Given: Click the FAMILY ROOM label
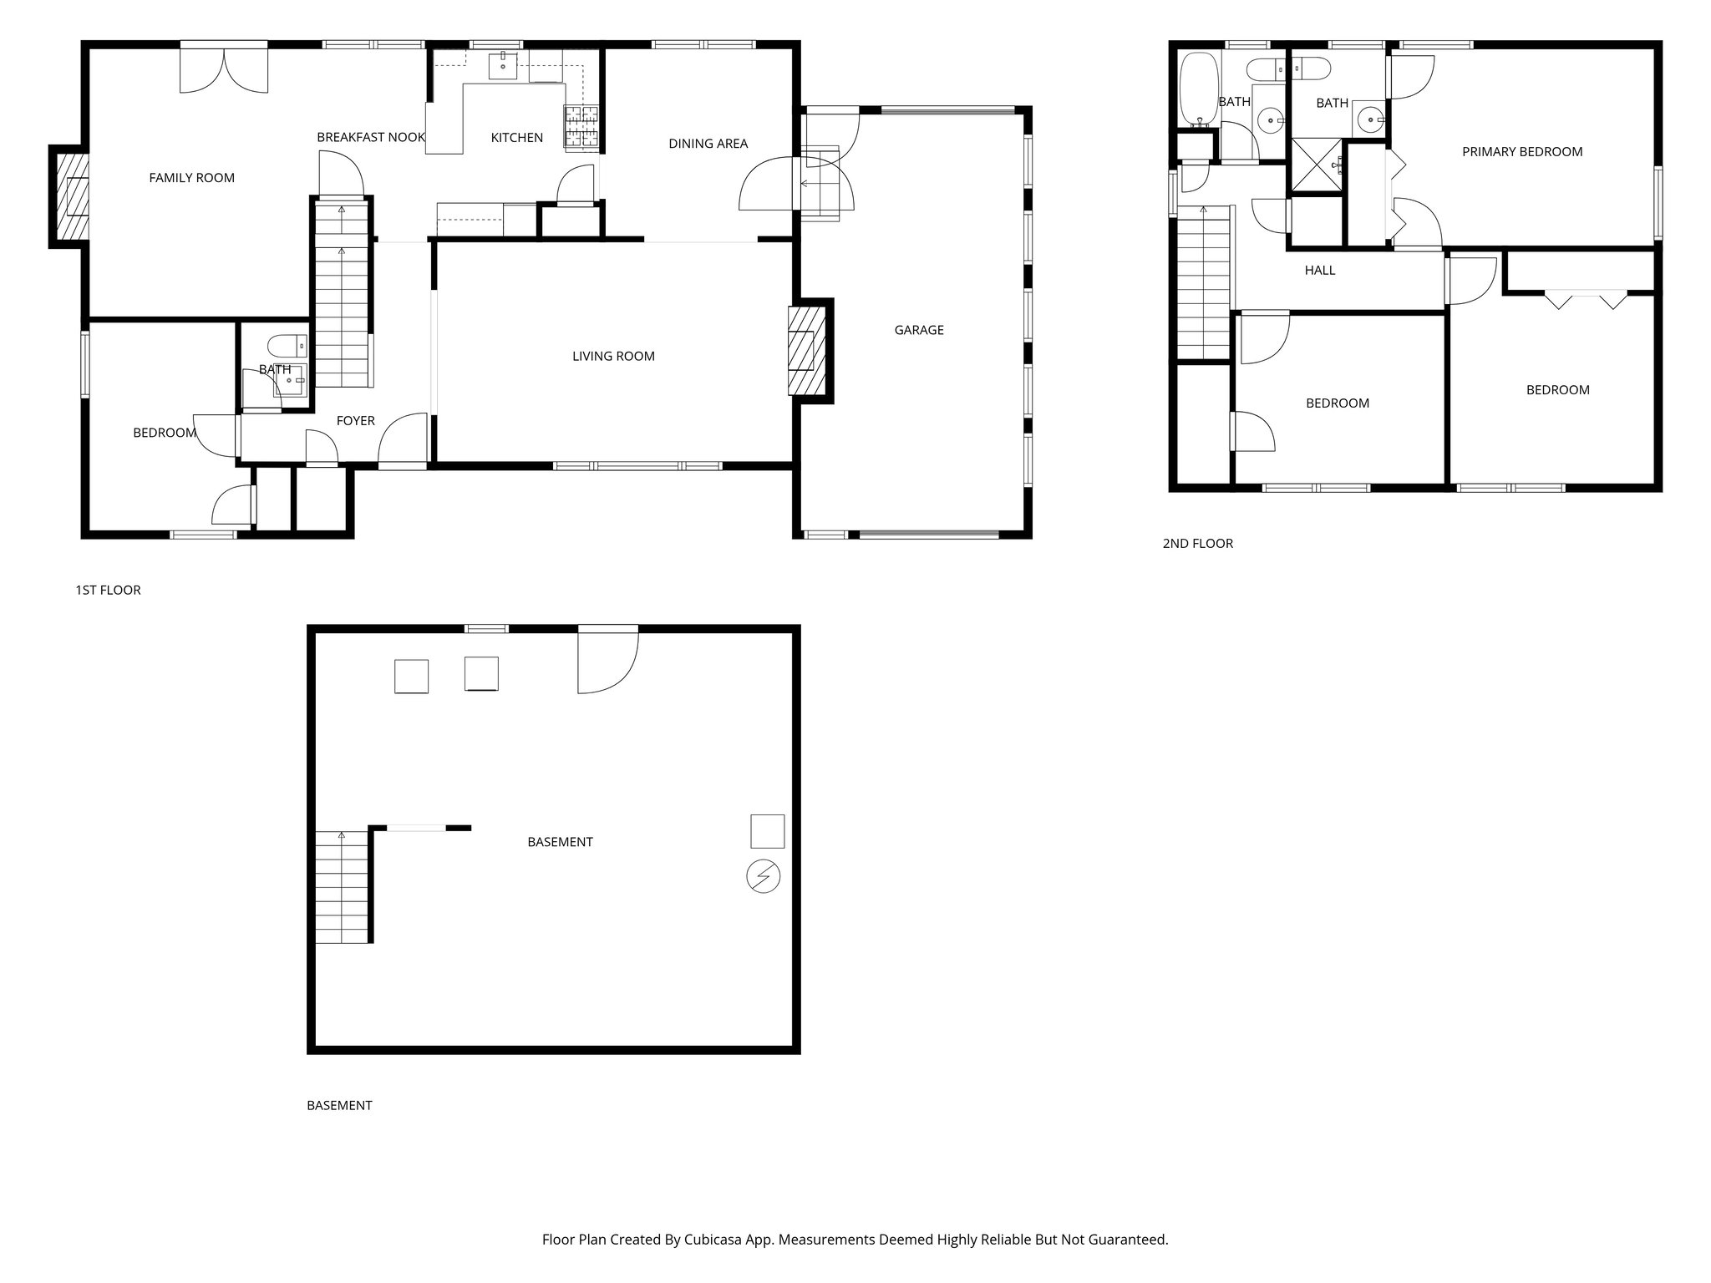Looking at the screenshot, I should click(191, 178).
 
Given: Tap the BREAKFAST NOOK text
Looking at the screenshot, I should click(371, 137).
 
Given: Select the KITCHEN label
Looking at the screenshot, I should click(516, 138).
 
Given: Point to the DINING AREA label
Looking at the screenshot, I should click(708, 144).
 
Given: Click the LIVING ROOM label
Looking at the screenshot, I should click(613, 357).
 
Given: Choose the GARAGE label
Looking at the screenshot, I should click(919, 330).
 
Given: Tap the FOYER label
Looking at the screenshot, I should click(355, 421).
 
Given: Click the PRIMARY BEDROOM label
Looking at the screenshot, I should click(1521, 152).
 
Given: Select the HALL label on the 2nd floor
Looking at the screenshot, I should click(1319, 271).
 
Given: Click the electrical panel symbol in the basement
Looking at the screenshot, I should click(763, 877).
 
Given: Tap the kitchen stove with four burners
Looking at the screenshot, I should click(582, 127).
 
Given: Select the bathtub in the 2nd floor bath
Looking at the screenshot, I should click(1198, 90).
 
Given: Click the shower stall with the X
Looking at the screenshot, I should click(1317, 165).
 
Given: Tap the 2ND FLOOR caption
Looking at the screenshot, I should click(1197, 544).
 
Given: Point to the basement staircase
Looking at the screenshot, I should click(342, 887).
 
